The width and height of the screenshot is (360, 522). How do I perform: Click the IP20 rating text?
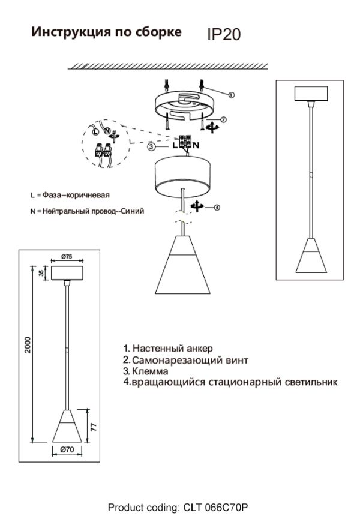tap(224, 35)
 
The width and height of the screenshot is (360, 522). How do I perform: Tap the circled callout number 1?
tap(232, 94)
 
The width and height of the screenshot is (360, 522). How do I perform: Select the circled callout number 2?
tap(223, 119)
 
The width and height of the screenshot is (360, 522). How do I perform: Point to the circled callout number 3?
tap(152, 146)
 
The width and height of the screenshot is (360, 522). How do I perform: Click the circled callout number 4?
tap(217, 208)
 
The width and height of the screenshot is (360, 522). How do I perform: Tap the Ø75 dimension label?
tap(67, 256)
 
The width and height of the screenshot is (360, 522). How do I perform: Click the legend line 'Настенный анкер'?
tap(168, 348)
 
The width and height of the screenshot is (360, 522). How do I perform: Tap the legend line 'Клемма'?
tap(147, 371)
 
